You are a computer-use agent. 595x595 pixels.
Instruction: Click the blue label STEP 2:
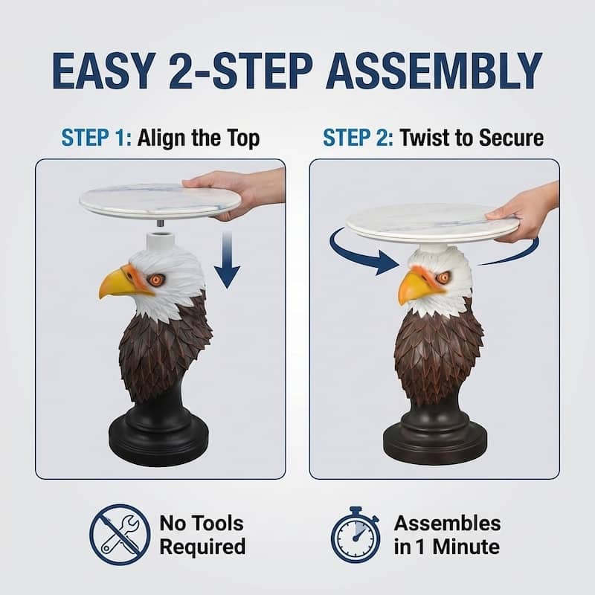click(357, 138)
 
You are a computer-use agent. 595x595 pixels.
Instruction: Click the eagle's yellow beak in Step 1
click(119, 283)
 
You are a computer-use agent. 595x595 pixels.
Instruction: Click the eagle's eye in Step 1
click(155, 280)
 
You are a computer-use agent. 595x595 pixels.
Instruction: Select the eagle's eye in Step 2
click(443, 277)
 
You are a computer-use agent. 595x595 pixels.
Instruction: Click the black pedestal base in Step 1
click(158, 438)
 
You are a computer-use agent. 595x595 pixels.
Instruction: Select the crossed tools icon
click(115, 535)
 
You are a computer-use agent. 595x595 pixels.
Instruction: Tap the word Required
click(202, 547)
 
